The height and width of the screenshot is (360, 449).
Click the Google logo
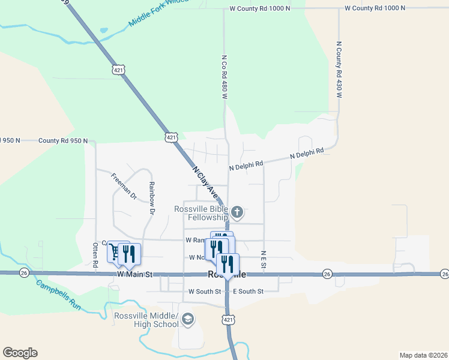click(20, 353)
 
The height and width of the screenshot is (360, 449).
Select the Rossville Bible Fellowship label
click(201, 213)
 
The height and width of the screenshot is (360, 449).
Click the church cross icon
click(237, 212)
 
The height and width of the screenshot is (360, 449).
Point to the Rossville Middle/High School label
click(146, 320)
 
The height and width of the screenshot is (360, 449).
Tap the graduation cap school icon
click(188, 319)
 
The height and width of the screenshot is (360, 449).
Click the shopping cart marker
click(114, 252)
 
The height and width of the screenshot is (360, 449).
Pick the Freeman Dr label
click(124, 186)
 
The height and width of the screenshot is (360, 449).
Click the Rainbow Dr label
click(152, 199)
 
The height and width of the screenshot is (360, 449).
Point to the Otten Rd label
click(95, 254)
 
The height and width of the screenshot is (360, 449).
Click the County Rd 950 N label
click(63, 140)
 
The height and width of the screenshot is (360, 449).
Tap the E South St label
click(248, 292)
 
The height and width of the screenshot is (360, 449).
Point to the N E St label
click(263, 259)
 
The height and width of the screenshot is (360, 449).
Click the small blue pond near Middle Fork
click(104, 30)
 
